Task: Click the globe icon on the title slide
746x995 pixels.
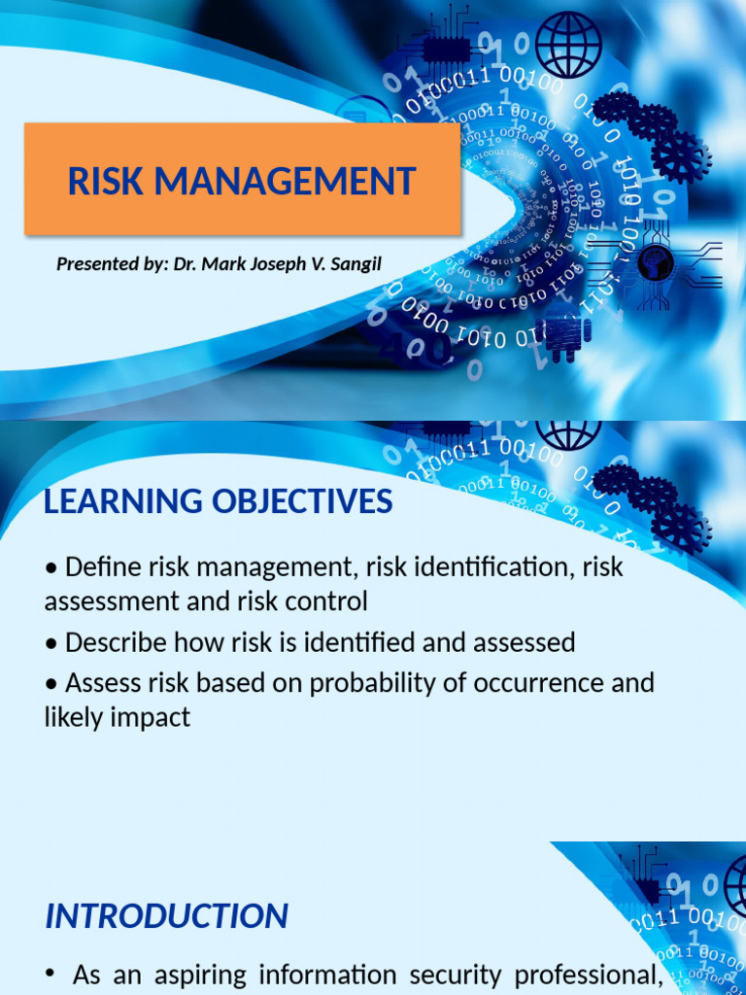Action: pyautogui.click(x=568, y=45)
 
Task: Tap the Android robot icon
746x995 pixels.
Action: pyautogui.click(x=562, y=336)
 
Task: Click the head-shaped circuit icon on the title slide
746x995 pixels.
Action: pyautogui.click(x=656, y=261)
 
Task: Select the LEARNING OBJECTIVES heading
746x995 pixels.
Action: pyautogui.click(x=219, y=501)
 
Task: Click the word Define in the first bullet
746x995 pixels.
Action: pyautogui.click(x=103, y=566)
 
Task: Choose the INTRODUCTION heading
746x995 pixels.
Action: pyautogui.click(x=166, y=915)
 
